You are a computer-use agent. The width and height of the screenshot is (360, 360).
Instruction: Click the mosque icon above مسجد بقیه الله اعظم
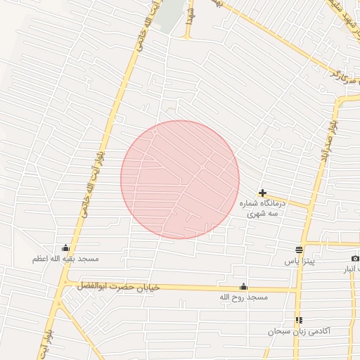66,247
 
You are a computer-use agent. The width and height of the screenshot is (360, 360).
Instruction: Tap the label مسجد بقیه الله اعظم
65,259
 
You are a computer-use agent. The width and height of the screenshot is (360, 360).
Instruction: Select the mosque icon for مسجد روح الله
244,286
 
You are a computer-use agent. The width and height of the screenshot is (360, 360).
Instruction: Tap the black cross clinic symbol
262,193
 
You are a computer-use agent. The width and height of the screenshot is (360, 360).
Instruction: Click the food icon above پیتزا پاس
300,250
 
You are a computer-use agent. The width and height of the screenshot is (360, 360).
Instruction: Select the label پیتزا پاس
300,261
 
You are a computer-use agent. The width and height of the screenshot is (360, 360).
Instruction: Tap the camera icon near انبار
355,258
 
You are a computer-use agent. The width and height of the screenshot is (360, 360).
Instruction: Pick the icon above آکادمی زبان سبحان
299,320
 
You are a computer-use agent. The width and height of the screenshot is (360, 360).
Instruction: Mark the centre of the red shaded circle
180,179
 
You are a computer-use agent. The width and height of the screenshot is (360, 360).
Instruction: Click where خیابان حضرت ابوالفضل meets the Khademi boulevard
65,284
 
